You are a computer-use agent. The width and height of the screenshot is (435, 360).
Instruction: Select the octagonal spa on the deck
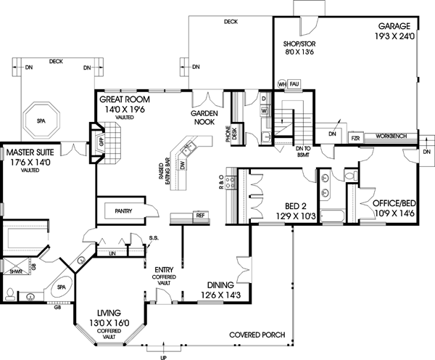click(x=43, y=118)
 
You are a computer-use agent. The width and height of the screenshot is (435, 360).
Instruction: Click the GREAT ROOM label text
click(x=125, y=100)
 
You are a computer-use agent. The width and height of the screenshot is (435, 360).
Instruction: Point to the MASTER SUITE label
click(x=31, y=154)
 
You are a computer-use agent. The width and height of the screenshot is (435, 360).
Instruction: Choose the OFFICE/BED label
click(x=393, y=195)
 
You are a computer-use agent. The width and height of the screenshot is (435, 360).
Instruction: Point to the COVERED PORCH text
click(x=256, y=335)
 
